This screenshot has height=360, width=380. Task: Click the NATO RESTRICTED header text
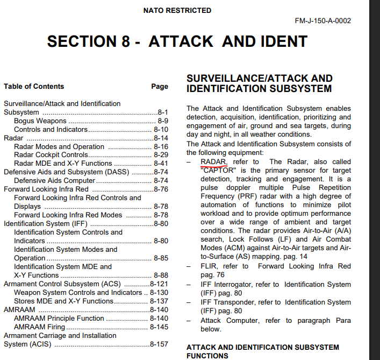pos(177,10)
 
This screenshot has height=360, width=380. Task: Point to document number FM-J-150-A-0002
pos(322,21)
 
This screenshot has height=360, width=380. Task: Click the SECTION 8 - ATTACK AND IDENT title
pos(177,41)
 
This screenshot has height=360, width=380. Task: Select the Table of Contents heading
pos(34,86)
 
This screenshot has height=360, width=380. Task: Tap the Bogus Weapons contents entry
pos(40,121)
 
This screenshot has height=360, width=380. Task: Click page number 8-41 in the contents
pos(161,164)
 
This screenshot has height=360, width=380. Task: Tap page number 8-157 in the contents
pos(159,344)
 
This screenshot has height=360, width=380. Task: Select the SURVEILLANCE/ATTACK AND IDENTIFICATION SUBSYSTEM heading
pos(259,83)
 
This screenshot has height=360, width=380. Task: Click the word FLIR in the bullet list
pos(209,266)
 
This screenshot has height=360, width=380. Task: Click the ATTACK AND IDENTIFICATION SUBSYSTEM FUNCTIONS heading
pos(263,351)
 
